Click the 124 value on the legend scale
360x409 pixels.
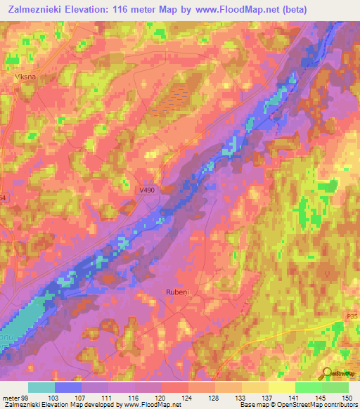click(x=186, y=397)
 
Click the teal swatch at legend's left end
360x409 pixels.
click(x=41, y=387)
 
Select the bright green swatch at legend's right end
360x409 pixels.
click(x=335, y=387)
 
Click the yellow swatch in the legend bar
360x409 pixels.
click(x=281, y=387)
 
